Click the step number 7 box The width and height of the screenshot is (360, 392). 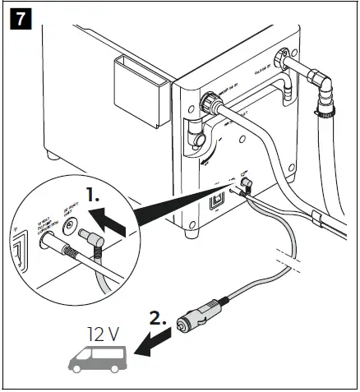[x=21, y=19]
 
